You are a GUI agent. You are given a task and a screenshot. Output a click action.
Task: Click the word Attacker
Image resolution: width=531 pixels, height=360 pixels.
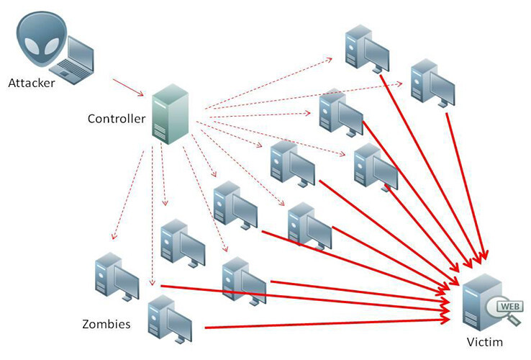coord(32,82)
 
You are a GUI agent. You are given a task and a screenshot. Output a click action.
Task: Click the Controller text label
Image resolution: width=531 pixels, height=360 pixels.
coord(117,117)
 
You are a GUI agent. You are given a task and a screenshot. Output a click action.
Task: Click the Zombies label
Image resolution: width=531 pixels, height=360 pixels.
coord(106,324)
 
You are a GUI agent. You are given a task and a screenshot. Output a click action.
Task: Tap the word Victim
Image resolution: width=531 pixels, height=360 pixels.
coord(484,341)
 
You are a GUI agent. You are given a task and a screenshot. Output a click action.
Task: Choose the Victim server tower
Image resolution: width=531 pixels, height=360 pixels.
coord(479,302)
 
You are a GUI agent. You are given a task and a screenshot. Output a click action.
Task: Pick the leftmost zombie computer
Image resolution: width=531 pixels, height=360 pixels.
coord(115,277)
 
